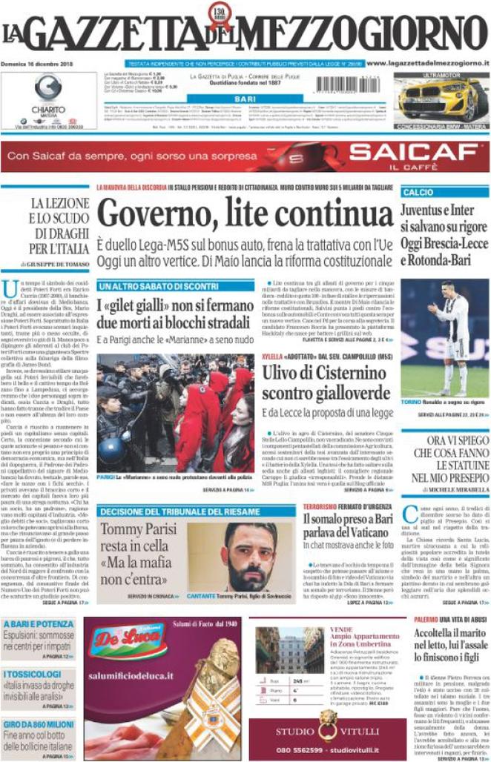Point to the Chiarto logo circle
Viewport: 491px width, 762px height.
point(48,88)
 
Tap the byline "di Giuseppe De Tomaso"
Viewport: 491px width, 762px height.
point(54,264)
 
